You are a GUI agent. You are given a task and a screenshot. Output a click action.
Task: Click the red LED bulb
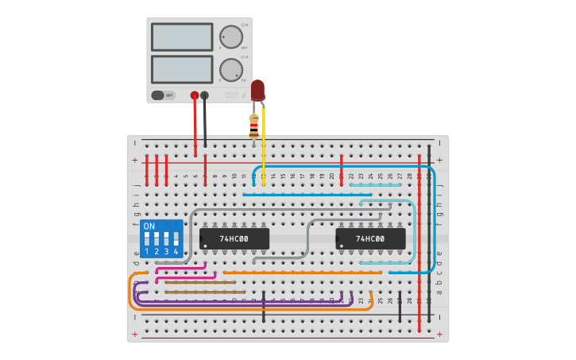pos(257,90)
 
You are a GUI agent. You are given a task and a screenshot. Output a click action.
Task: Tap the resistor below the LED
pos(254,126)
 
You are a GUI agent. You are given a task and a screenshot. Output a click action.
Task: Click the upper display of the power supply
pos(182,37)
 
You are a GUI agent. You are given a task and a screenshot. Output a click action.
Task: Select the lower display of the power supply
pos(182,69)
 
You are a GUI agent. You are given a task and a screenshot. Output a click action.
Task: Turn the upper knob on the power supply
pos(230,37)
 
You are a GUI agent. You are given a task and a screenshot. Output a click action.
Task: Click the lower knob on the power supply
pos(230,69)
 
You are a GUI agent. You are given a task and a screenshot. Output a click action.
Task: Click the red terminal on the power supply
pos(195,95)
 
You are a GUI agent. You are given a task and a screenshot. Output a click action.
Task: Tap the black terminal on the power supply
pos(205,95)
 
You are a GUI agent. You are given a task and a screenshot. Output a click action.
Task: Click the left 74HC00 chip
pos(234,238)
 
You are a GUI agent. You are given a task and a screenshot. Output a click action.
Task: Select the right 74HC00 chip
pos(370,238)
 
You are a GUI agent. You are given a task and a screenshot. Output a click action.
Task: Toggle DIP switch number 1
pos(147,238)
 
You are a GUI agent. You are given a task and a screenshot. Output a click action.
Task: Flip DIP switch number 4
pos(176,238)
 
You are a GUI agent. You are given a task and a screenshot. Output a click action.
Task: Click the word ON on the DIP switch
pos(149,226)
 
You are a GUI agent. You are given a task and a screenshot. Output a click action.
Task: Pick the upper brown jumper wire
pos(190,282)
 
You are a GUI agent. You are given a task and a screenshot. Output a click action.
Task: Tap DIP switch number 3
pos(166,238)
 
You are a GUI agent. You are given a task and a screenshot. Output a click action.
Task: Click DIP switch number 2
pos(157,238)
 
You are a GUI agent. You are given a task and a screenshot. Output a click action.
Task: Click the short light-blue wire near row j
pos(375,184)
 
